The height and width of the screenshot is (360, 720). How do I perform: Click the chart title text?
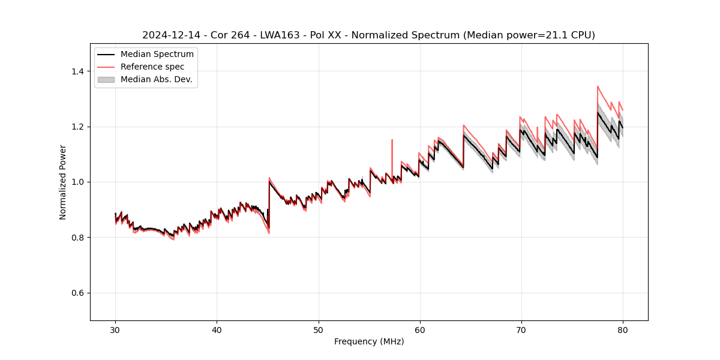(x=368, y=35)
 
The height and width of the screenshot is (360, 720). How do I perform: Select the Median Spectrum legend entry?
(x=157, y=54)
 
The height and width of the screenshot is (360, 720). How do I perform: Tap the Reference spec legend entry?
(x=152, y=67)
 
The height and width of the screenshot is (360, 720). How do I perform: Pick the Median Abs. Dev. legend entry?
(x=156, y=79)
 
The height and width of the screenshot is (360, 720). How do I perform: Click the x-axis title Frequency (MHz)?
(x=369, y=341)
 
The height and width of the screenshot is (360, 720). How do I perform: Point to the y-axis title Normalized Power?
(x=63, y=182)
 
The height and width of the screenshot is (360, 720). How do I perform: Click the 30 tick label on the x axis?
(x=116, y=329)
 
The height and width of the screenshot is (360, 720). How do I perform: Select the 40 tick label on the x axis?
(x=217, y=329)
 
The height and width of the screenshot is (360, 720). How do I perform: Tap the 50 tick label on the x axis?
(x=319, y=329)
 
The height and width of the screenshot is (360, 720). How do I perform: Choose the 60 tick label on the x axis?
(x=420, y=329)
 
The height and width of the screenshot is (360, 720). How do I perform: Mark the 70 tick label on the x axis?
(x=521, y=329)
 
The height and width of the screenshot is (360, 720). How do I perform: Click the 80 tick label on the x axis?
(x=623, y=329)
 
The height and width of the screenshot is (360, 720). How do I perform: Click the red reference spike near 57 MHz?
(x=392, y=141)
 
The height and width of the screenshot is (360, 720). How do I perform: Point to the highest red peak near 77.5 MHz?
(x=598, y=86)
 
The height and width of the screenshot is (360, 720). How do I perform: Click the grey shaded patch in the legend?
(x=106, y=79)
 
